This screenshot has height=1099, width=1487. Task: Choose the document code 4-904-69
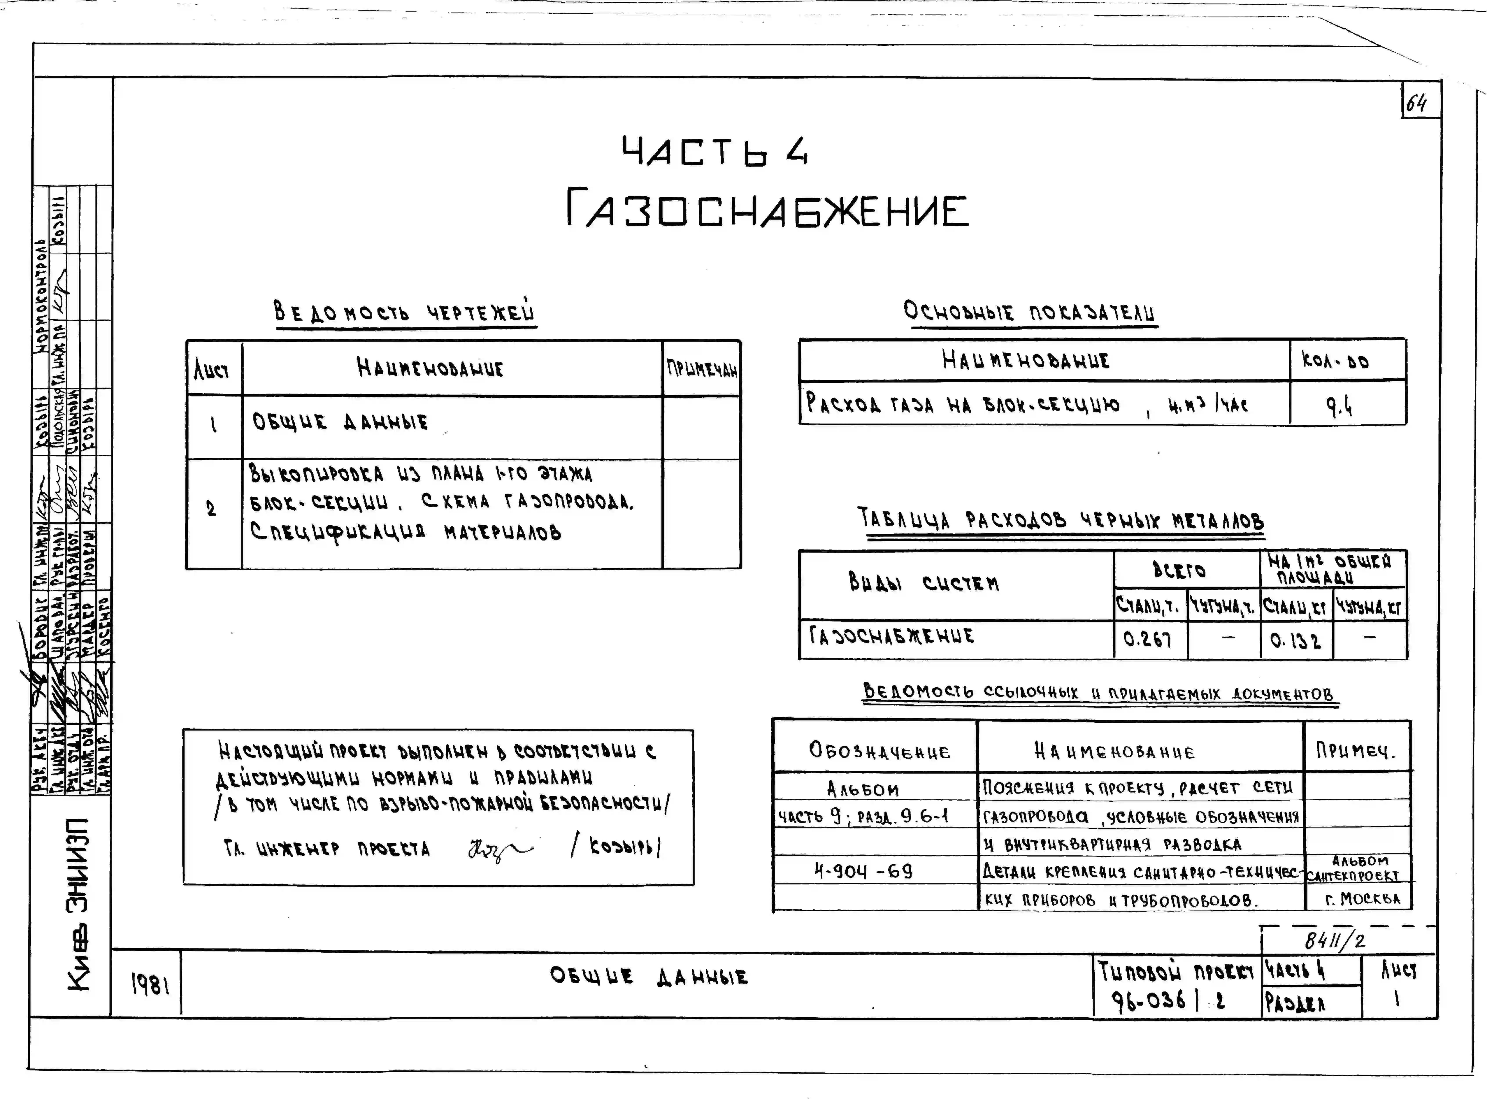point(863,871)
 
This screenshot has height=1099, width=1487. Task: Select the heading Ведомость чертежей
point(404,312)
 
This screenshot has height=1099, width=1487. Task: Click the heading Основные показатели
point(1029,312)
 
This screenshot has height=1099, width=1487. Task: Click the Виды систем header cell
point(923,584)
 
